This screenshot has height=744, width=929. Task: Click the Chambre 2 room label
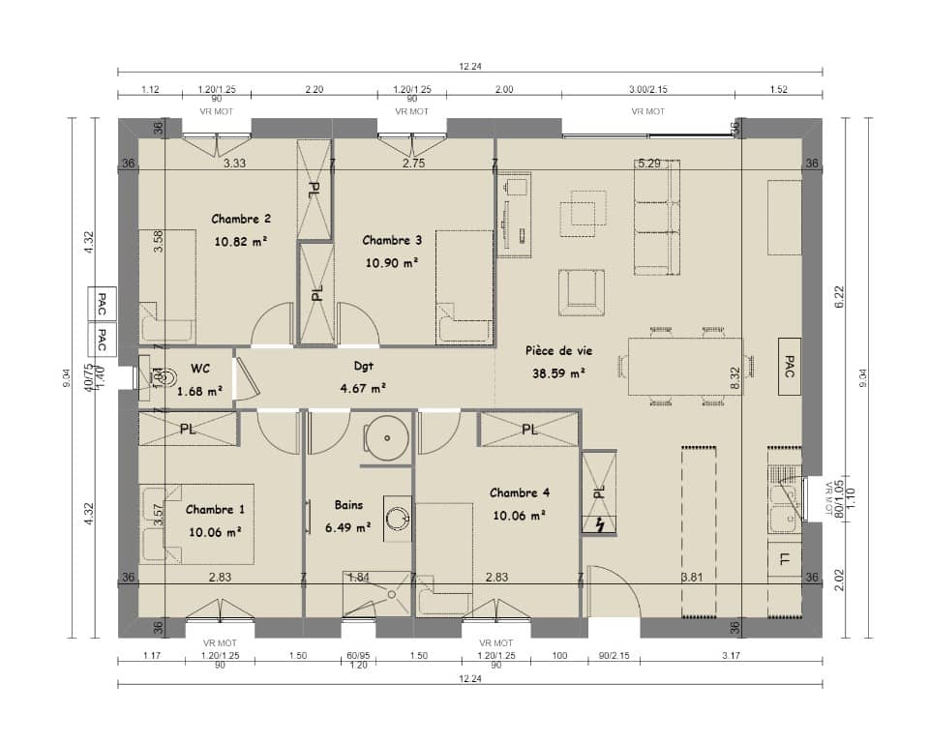click(241, 219)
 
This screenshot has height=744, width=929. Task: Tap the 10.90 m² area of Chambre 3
click(391, 262)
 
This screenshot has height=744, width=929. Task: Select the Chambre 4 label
click(519, 492)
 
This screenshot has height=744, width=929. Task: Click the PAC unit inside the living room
click(789, 367)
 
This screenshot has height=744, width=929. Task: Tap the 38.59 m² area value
click(558, 372)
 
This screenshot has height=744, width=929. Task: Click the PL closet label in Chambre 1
click(188, 429)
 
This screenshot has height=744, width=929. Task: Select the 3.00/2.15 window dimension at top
click(647, 89)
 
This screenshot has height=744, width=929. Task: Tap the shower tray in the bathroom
click(376, 593)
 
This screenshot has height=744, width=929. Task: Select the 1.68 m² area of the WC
click(200, 390)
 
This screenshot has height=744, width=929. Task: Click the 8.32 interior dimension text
click(734, 378)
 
